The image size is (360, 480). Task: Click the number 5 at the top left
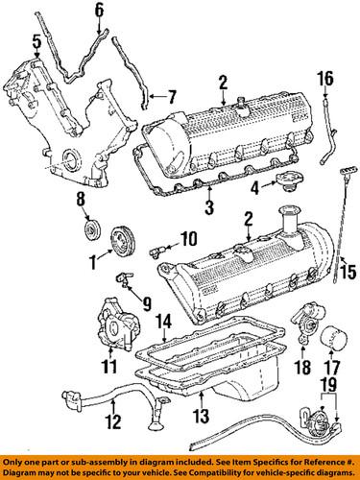click(x=35, y=42)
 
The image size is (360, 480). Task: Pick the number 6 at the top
click(x=98, y=11)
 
